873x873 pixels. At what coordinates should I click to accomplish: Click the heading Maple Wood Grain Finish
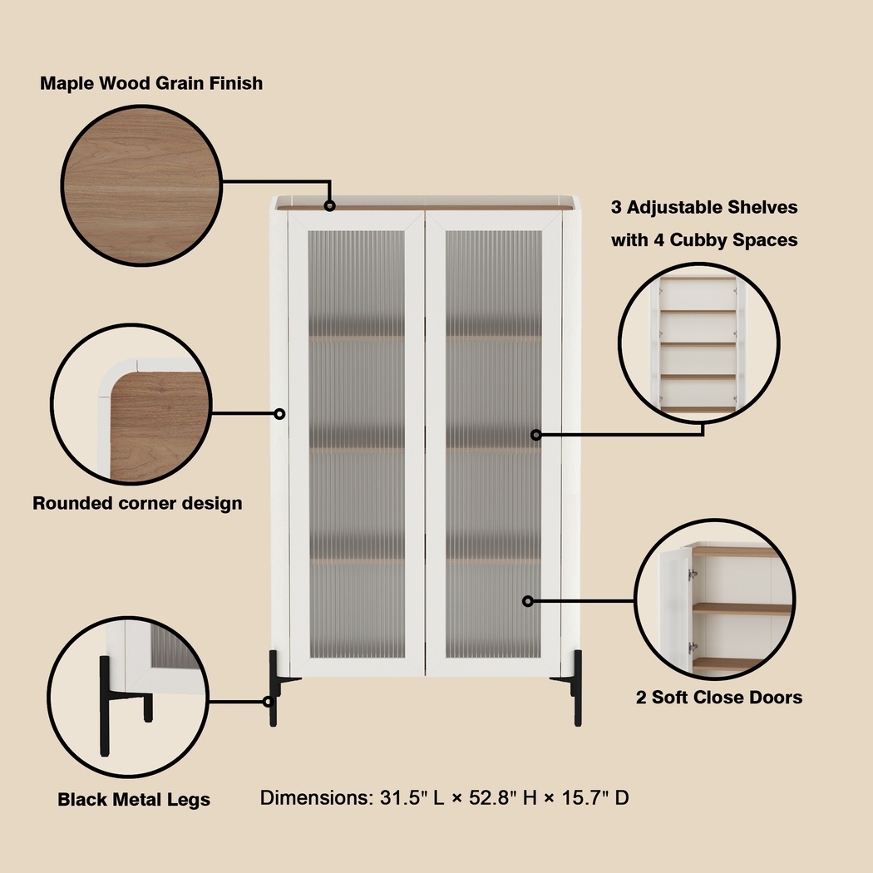click(151, 83)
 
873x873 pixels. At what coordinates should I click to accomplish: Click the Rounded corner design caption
click(137, 503)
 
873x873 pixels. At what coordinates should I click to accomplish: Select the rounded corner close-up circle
click(133, 406)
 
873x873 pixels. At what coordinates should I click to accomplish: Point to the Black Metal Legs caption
click(134, 800)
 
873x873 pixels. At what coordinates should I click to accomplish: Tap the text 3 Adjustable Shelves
click(704, 207)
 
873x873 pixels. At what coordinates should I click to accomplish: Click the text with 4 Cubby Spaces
click(704, 240)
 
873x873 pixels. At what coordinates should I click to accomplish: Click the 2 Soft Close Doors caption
click(719, 698)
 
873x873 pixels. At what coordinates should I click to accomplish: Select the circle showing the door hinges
click(715, 600)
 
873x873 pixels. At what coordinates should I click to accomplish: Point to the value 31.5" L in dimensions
click(407, 798)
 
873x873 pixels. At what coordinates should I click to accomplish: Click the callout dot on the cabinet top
click(330, 205)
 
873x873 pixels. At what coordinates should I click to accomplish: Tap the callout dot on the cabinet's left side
click(280, 413)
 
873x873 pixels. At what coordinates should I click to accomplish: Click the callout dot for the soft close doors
click(528, 600)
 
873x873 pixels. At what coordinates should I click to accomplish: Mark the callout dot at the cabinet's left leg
click(269, 702)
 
